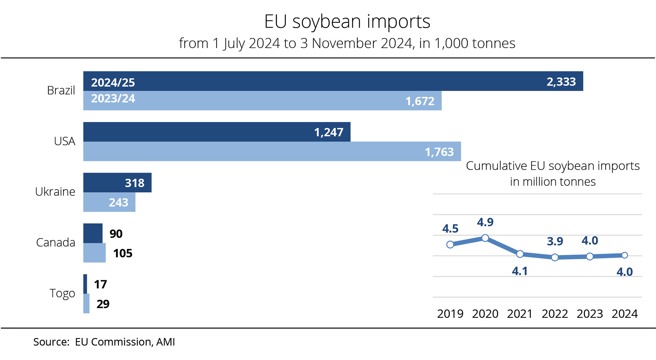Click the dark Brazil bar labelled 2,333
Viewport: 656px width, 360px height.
[x=333, y=81]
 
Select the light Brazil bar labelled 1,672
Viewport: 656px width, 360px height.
[x=262, y=101]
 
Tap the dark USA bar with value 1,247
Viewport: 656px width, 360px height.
[x=217, y=132]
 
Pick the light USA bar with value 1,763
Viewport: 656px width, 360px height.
[x=272, y=151]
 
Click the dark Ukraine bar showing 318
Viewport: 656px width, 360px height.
[x=117, y=183]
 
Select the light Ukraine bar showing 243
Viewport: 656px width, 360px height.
[x=109, y=202]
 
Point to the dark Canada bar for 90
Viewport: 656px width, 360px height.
[x=93, y=233]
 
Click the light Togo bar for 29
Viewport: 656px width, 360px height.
[x=86, y=303]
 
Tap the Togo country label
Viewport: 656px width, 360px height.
[x=62, y=293]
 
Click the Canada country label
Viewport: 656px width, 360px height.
[x=55, y=242]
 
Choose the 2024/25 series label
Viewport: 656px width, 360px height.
[x=113, y=83]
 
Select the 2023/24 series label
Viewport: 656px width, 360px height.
[x=113, y=98]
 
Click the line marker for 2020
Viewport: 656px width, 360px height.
[x=485, y=238]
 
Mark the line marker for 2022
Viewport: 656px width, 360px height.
[x=555, y=257]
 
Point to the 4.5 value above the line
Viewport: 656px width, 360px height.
[x=450, y=229]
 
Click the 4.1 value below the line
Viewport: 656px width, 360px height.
[x=520, y=271]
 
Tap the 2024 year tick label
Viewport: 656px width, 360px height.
[x=625, y=314]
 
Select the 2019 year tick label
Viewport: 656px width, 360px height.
[x=450, y=314]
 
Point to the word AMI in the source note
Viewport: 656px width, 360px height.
[x=166, y=342]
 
